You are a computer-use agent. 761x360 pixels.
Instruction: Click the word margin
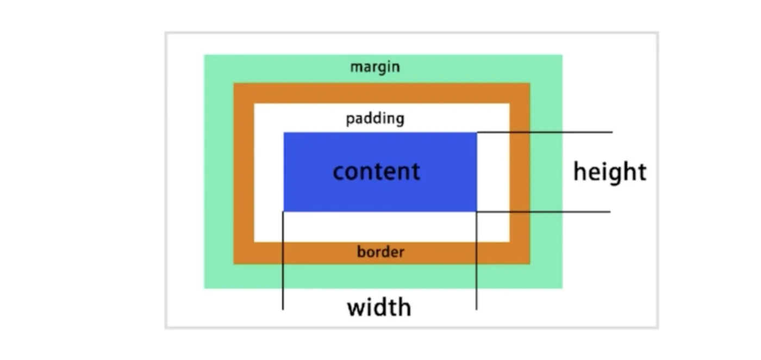click(375, 67)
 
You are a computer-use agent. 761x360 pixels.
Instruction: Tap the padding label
click(375, 119)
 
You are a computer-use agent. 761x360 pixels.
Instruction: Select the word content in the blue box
click(376, 172)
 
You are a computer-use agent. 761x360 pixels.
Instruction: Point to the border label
click(380, 252)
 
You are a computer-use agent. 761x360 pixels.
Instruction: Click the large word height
click(610, 173)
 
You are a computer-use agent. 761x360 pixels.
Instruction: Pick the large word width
click(379, 307)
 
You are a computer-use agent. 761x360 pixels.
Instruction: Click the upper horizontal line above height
click(545, 132)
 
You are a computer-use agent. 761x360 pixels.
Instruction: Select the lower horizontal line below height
click(543, 212)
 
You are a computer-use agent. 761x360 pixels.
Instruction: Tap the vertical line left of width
click(283, 260)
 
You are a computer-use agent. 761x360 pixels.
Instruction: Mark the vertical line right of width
click(476, 260)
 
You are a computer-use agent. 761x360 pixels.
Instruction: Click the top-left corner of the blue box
click(284, 133)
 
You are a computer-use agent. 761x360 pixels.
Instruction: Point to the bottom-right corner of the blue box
click(477, 212)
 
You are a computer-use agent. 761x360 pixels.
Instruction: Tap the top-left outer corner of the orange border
click(234, 83)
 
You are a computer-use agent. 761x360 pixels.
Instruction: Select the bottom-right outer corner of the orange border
click(530, 264)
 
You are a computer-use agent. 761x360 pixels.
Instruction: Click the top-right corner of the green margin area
click(562, 55)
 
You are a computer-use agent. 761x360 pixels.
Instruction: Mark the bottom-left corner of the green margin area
click(204, 288)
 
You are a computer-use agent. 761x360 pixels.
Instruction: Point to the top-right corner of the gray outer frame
click(658, 33)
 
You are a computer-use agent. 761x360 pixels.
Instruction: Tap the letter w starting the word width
click(357, 308)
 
